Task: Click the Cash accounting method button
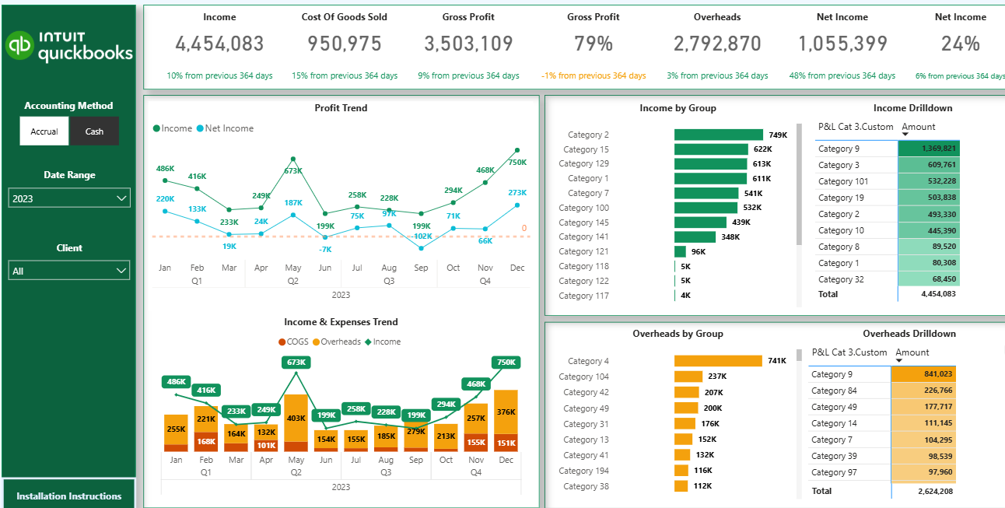point(94,131)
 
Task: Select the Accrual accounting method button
point(44,131)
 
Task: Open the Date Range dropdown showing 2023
point(69,198)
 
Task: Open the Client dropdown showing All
point(69,271)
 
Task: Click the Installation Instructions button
point(68,496)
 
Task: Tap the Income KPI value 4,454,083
point(219,44)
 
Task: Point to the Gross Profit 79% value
point(593,44)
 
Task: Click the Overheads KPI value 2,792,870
point(717,44)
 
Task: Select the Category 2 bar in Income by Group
point(718,135)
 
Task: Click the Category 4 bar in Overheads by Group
point(718,361)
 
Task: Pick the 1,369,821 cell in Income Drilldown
point(929,149)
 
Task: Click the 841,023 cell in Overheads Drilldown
point(924,374)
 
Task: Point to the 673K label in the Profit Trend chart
point(293,170)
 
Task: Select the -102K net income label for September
point(421,236)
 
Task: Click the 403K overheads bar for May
point(296,418)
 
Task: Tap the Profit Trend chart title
point(341,108)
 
